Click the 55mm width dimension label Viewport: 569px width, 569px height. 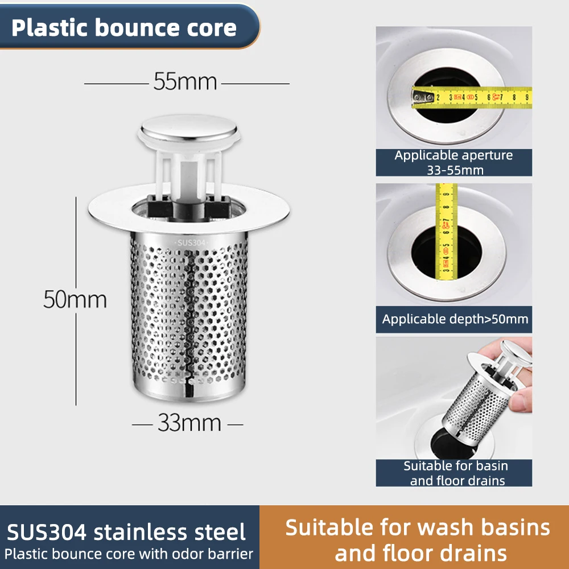click(185, 83)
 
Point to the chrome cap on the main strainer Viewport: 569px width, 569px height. click(188, 127)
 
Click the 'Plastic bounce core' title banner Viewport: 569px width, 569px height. click(124, 27)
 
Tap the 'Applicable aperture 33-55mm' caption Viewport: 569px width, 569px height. click(453, 162)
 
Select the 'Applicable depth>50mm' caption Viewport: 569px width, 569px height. click(455, 319)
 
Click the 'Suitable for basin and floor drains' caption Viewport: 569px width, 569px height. click(456, 473)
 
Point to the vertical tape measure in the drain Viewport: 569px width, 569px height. click(447, 233)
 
